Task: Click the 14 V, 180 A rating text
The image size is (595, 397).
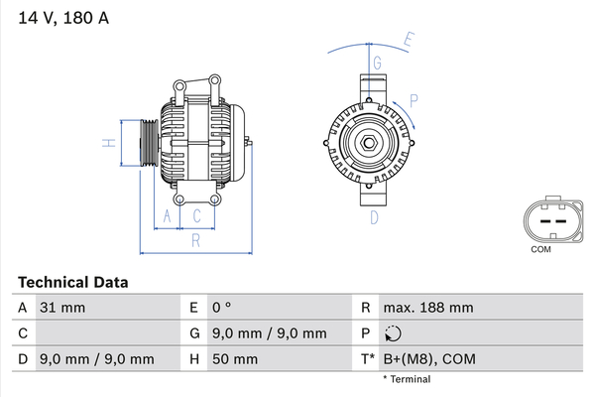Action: [63, 18]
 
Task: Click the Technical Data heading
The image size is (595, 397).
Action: [72, 282]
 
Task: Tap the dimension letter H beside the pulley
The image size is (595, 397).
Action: [109, 143]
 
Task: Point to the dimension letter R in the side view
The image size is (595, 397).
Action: [195, 240]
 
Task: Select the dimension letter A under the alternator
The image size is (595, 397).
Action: [167, 216]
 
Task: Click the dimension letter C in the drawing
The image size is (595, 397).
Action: [196, 216]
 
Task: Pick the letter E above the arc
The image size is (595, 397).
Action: [409, 40]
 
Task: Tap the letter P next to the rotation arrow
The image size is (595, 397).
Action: [414, 101]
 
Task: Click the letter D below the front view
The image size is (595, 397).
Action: [374, 217]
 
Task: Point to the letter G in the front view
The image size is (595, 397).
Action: [377, 63]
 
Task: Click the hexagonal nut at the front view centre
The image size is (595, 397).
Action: [369, 143]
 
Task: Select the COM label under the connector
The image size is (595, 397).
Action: [540, 249]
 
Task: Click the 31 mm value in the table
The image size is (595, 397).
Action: [62, 308]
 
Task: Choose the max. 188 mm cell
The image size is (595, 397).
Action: [428, 308]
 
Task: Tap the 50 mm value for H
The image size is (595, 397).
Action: [235, 359]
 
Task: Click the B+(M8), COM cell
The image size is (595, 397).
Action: [429, 359]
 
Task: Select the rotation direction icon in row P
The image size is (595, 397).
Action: [393, 333]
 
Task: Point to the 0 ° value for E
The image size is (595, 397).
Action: [221, 308]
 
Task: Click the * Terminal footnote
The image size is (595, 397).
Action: [407, 379]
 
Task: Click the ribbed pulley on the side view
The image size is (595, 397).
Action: [150, 143]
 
